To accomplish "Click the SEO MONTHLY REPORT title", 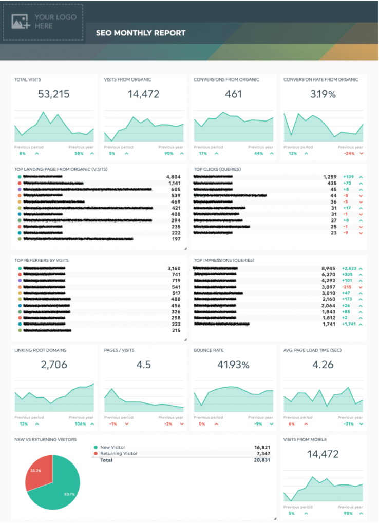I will click(x=141, y=33).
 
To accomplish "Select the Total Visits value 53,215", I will click(x=54, y=94).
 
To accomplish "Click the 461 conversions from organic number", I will click(x=234, y=94).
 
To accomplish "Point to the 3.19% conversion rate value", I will click(x=324, y=94).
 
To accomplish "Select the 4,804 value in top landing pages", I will click(x=173, y=177).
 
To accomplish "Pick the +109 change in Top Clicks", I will click(x=348, y=177).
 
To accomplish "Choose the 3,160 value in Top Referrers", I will click(x=174, y=268).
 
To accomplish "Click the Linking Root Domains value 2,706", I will click(x=54, y=365).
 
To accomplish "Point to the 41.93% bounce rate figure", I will click(x=234, y=365).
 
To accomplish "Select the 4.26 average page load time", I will click(x=323, y=365).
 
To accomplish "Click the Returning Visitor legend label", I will click(x=119, y=453).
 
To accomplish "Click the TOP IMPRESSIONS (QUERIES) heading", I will click(x=223, y=260).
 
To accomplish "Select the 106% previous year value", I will click(x=80, y=424).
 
